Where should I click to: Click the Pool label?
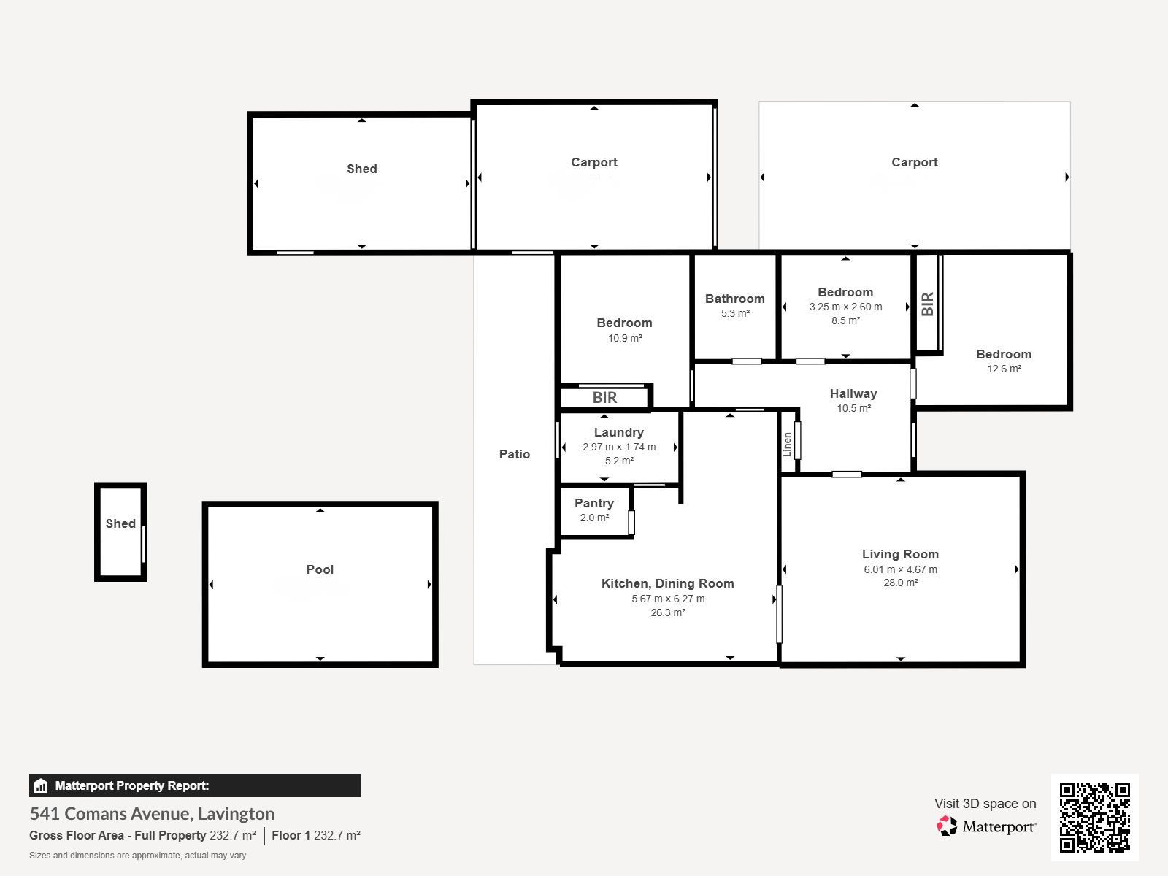(x=320, y=569)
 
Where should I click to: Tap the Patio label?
(x=514, y=454)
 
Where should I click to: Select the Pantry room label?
(x=593, y=503)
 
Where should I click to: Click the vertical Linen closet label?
(x=788, y=444)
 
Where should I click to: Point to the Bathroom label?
(x=735, y=299)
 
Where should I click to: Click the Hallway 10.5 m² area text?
(x=853, y=409)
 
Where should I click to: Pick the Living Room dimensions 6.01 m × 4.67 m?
(x=900, y=569)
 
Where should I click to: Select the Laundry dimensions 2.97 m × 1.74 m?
(x=619, y=447)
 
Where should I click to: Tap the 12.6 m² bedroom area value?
(x=1004, y=369)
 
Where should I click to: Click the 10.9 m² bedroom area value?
(x=625, y=338)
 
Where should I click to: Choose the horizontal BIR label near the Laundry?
(x=604, y=398)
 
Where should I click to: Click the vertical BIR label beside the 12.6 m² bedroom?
(x=928, y=304)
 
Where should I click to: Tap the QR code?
(x=1094, y=818)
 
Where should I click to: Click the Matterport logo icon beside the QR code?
(x=947, y=826)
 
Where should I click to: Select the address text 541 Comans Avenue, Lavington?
(x=152, y=814)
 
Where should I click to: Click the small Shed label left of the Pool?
(x=120, y=524)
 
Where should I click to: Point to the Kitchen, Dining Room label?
(x=668, y=583)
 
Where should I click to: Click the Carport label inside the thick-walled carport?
(x=593, y=162)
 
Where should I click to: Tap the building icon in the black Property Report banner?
(x=41, y=785)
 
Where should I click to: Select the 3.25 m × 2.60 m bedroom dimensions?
(x=845, y=307)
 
